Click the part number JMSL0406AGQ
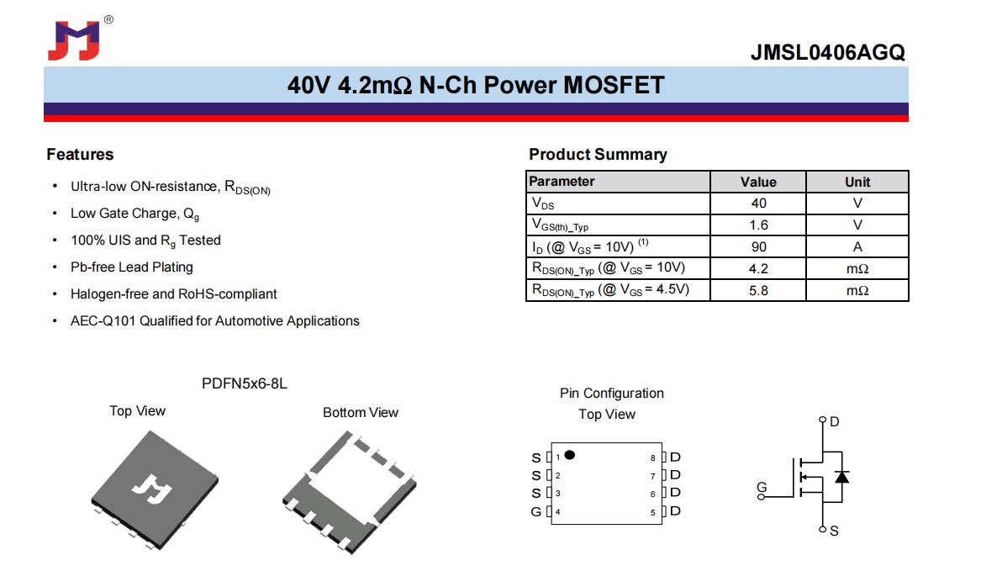coord(828,53)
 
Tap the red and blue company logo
coord(74,40)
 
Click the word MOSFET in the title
coord(614,85)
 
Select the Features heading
coord(80,155)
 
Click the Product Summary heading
coord(599,155)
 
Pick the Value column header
coord(758,182)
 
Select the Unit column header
coord(857,182)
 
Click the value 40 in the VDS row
coord(758,204)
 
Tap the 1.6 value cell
coord(758,225)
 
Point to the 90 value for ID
coord(758,247)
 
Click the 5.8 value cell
coord(758,290)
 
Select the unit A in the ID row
coord(857,247)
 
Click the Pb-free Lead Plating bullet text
coord(131,267)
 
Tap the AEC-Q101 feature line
coord(214,321)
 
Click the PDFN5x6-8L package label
coord(244,383)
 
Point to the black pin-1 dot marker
coord(569,455)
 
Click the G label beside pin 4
coord(535,512)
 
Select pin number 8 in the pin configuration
coord(652,458)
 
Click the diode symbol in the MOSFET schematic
coord(842,477)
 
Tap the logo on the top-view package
coord(152,489)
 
